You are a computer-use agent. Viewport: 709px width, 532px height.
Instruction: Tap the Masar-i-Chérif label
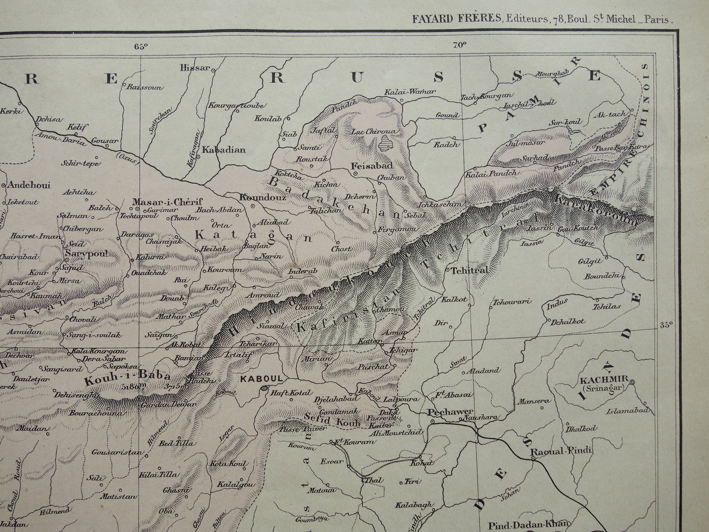click(160, 202)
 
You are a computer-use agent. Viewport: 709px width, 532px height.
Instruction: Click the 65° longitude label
click(141, 47)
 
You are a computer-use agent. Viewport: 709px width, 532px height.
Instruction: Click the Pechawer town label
click(444, 412)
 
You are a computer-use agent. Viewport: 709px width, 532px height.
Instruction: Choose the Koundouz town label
click(255, 197)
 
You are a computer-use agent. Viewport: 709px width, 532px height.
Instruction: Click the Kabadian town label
click(224, 150)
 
